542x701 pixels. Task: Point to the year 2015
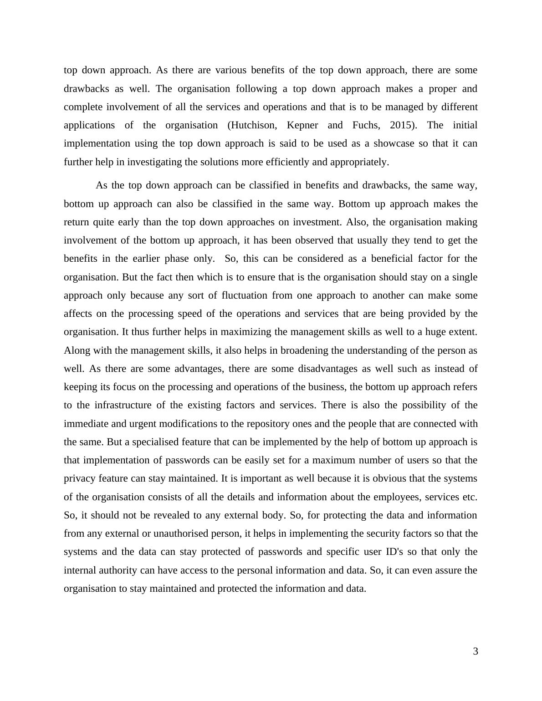(402, 125)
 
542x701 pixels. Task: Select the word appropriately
(359, 162)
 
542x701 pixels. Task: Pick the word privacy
(78, 478)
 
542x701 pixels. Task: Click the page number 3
(476, 652)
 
